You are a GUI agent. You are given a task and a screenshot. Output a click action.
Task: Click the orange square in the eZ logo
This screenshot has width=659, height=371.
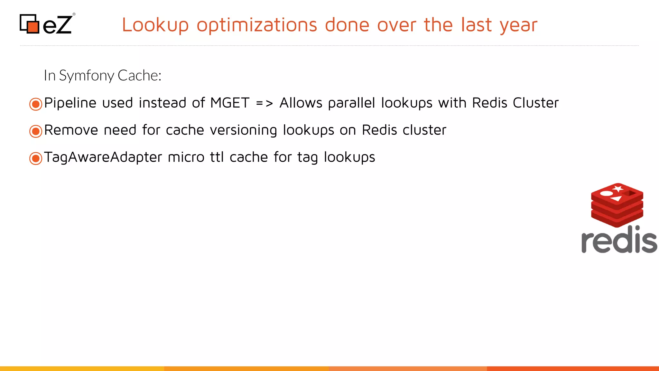click(33, 27)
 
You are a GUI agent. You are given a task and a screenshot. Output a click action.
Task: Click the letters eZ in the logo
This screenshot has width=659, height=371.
click(57, 25)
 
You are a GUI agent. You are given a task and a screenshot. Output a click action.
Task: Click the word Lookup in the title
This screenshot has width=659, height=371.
click(155, 25)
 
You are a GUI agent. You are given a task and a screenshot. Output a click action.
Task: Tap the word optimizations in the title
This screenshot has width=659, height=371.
click(257, 25)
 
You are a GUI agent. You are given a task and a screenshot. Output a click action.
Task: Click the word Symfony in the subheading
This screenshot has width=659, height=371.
click(87, 76)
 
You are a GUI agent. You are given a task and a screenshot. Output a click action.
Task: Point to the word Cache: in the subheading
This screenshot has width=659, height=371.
click(139, 75)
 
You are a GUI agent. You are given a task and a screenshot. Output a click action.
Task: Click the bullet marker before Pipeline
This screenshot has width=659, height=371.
click(36, 104)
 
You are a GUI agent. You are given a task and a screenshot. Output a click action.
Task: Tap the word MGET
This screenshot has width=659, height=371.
click(230, 103)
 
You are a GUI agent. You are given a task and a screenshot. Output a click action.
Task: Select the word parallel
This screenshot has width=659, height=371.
click(351, 103)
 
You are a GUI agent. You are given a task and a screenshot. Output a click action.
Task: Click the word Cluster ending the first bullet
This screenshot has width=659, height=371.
click(535, 103)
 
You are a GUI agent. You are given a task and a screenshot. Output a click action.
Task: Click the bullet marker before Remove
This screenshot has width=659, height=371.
click(36, 131)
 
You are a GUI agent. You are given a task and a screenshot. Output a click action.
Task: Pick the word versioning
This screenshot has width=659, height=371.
click(243, 130)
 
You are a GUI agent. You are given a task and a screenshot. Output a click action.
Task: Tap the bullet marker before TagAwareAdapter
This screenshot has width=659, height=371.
click(36, 158)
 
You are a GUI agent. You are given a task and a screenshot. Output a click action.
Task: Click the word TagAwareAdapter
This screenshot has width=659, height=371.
click(103, 157)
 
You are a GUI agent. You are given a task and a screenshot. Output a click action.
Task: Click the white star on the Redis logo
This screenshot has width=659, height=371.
click(617, 188)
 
